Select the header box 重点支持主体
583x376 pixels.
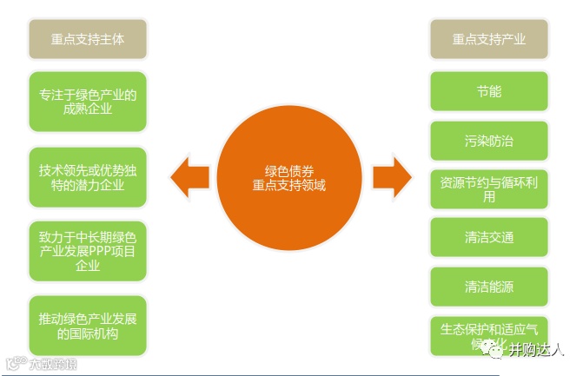tap(87, 39)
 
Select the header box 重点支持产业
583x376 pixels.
tap(489, 39)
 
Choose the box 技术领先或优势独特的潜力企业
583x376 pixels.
tap(87, 176)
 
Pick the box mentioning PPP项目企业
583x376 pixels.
tap(87, 251)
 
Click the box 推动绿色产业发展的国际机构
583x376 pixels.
tap(87, 325)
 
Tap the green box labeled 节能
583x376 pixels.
tap(489, 91)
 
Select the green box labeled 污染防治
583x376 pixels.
tap(489, 140)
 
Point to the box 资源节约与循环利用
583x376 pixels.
tap(489, 189)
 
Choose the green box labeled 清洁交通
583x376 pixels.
tap(489, 237)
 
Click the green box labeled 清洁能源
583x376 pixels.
tap(489, 286)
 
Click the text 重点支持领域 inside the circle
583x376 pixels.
tap(289, 185)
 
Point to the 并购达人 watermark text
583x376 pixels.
tap(537, 350)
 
